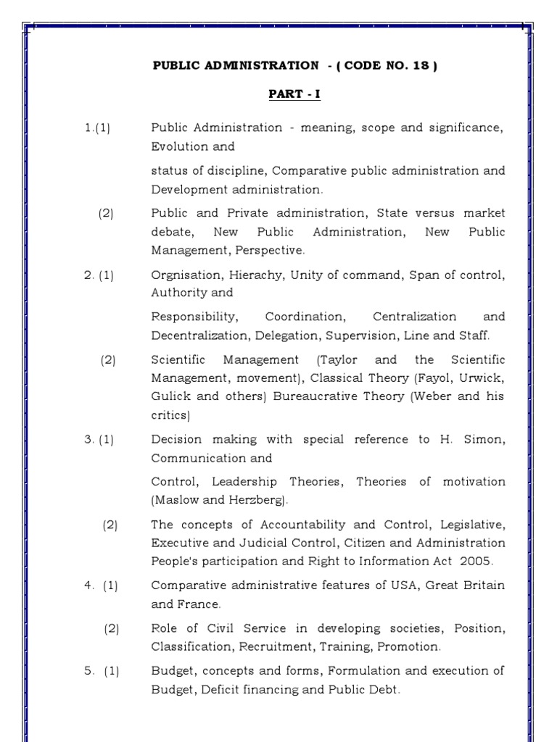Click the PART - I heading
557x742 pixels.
pos(294,95)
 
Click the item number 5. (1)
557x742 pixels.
pos(101,671)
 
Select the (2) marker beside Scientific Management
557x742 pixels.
pos(109,360)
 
